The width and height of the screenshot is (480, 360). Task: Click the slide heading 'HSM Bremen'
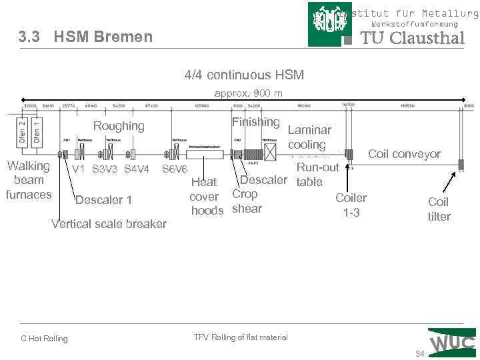click(x=103, y=37)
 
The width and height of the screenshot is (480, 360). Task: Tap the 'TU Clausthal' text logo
click(x=412, y=38)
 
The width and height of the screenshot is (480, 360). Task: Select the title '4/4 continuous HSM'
click(x=244, y=75)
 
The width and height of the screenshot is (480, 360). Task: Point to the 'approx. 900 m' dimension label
click(x=248, y=93)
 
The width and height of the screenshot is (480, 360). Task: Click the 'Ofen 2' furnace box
click(x=22, y=132)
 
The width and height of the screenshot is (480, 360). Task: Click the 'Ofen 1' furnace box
click(x=38, y=132)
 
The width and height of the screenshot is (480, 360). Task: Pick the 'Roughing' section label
click(x=119, y=126)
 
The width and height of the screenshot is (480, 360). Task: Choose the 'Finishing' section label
click(x=255, y=121)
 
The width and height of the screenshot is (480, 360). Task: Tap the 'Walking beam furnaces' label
click(x=28, y=180)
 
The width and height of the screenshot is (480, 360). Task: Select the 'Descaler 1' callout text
click(x=103, y=200)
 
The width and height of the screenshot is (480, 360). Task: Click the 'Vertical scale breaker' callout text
click(x=109, y=223)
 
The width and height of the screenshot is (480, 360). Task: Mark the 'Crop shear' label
click(x=246, y=201)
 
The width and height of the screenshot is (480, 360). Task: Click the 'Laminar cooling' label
click(x=309, y=137)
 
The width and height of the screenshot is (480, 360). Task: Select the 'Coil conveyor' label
click(x=404, y=154)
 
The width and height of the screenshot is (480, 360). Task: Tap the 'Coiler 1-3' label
click(x=351, y=205)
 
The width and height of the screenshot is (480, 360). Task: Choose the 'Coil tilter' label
click(x=439, y=209)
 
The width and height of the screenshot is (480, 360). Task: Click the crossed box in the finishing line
click(x=270, y=153)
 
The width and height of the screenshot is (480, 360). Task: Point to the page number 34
click(x=419, y=353)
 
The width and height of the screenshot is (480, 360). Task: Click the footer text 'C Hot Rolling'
click(x=44, y=339)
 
